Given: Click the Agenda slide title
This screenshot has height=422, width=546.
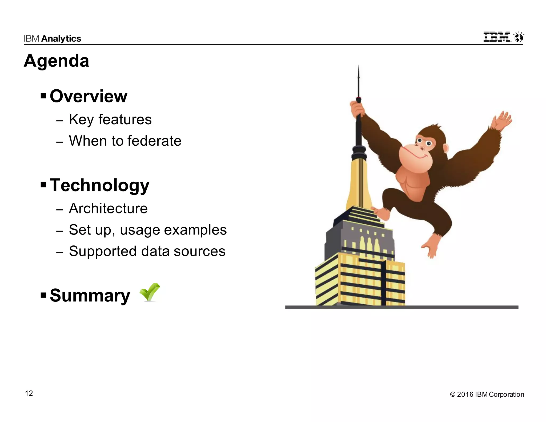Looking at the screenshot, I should [56, 61].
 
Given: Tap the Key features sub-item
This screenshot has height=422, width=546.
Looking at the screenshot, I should [110, 120].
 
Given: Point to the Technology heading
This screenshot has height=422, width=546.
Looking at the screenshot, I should [99, 185].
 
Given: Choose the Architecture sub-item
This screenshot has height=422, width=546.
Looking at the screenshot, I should [108, 208].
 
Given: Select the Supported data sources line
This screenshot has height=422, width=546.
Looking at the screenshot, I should [147, 251].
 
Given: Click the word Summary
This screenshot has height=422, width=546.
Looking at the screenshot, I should [90, 296].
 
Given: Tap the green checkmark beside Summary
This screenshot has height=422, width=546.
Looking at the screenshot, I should [150, 292].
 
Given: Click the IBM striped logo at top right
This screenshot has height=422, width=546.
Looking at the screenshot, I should [497, 37].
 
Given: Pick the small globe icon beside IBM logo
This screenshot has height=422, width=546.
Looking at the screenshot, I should [519, 38].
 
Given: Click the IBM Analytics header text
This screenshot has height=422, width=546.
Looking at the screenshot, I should [52, 39].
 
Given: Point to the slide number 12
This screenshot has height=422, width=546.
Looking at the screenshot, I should [29, 393].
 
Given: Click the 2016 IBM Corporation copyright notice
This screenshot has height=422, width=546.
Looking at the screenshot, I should [487, 394].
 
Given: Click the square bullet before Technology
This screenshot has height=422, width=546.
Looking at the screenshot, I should [43, 184].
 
